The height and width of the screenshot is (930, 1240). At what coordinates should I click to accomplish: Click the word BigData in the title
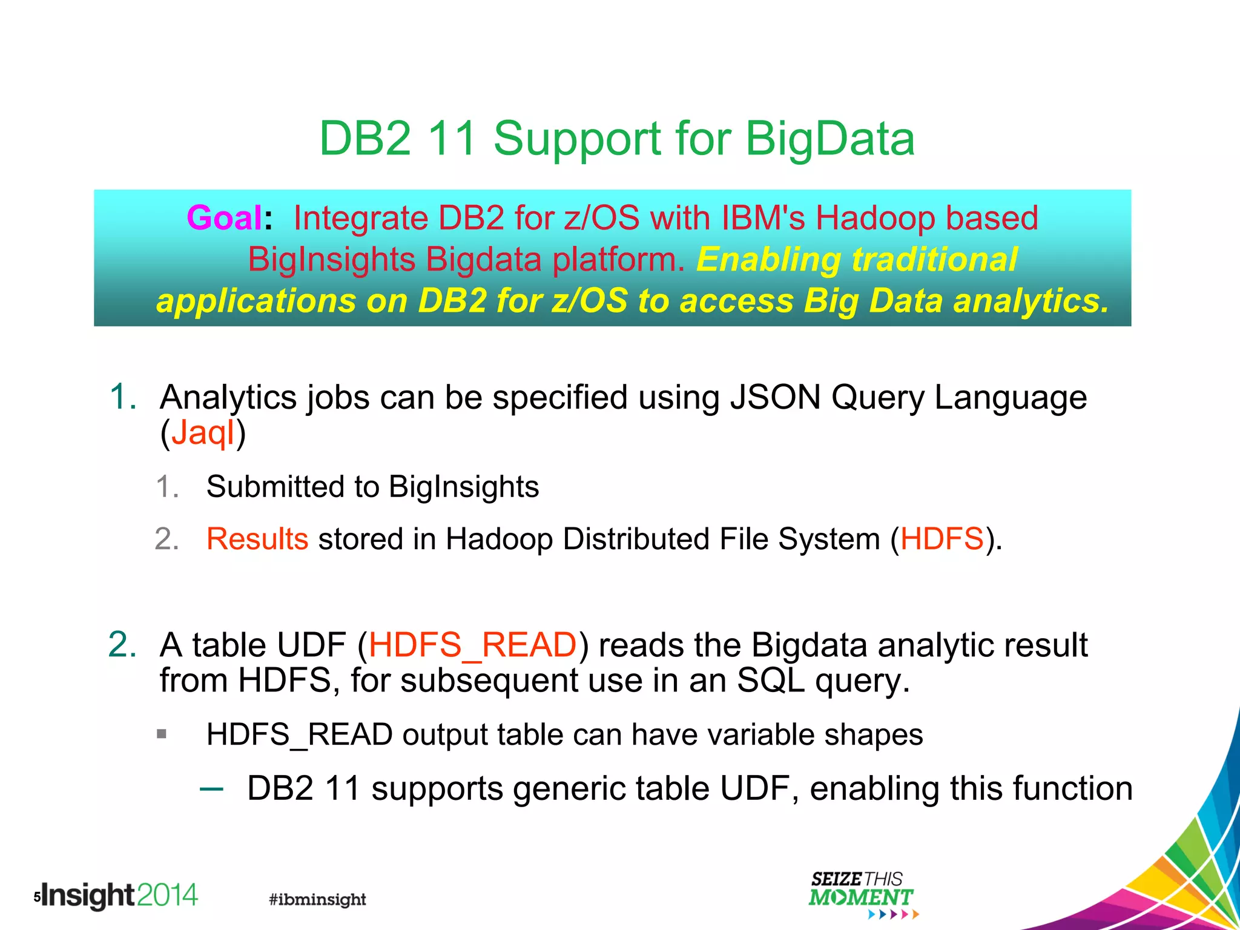click(829, 139)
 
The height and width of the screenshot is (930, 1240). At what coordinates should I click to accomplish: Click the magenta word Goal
click(225, 218)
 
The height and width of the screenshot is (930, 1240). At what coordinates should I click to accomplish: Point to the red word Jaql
click(203, 434)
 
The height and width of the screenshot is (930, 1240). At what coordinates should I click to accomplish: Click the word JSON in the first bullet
click(775, 398)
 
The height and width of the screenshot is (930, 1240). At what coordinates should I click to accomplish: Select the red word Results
click(257, 539)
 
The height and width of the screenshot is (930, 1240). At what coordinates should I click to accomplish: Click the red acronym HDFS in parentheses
click(942, 539)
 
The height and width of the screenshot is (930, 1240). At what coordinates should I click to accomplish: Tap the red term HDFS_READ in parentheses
click(472, 645)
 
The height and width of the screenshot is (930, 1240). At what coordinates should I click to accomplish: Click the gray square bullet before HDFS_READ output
click(161, 734)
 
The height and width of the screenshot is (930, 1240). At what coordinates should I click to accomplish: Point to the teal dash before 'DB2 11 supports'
click(211, 788)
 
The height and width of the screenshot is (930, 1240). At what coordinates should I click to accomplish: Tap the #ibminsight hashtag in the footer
click(317, 899)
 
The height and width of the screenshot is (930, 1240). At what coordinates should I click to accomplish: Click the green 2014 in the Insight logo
click(168, 895)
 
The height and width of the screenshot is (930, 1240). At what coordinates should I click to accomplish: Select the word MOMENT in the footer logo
click(860, 898)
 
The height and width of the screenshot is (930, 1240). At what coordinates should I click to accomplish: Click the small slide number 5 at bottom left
click(37, 897)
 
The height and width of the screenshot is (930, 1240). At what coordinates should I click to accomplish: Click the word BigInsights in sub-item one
click(463, 487)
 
